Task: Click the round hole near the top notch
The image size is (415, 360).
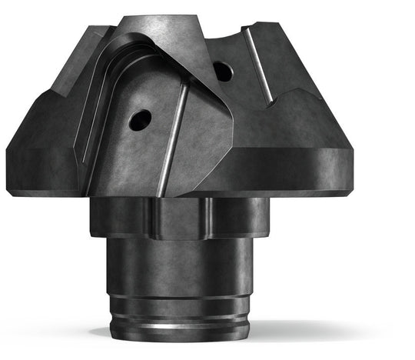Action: pos(222,71)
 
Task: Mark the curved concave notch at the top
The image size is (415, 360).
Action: pos(231,36)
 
